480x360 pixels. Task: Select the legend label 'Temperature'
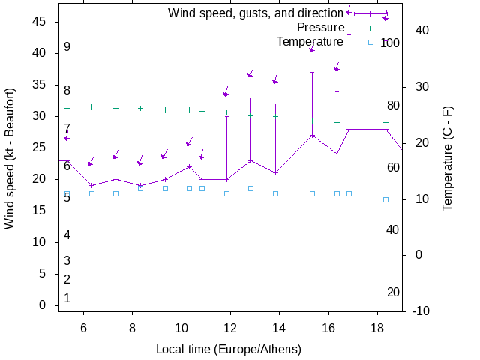[x=310, y=41]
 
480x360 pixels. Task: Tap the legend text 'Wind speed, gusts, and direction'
[x=256, y=13]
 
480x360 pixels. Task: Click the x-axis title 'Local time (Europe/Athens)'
[x=229, y=349]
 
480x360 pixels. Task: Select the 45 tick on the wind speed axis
[x=40, y=22]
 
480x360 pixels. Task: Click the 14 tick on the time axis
[x=279, y=328]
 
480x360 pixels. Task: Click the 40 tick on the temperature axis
[x=421, y=30]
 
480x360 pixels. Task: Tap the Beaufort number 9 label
[x=67, y=47]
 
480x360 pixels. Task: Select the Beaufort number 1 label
[x=67, y=298]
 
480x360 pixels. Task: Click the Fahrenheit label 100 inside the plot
[x=390, y=43]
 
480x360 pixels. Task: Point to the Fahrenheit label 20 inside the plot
[x=393, y=292]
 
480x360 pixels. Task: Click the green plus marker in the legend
[x=370, y=28]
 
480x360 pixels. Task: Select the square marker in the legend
[x=370, y=42]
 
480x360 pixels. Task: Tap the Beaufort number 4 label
[x=67, y=235]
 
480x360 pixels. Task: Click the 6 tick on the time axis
[x=83, y=328]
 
